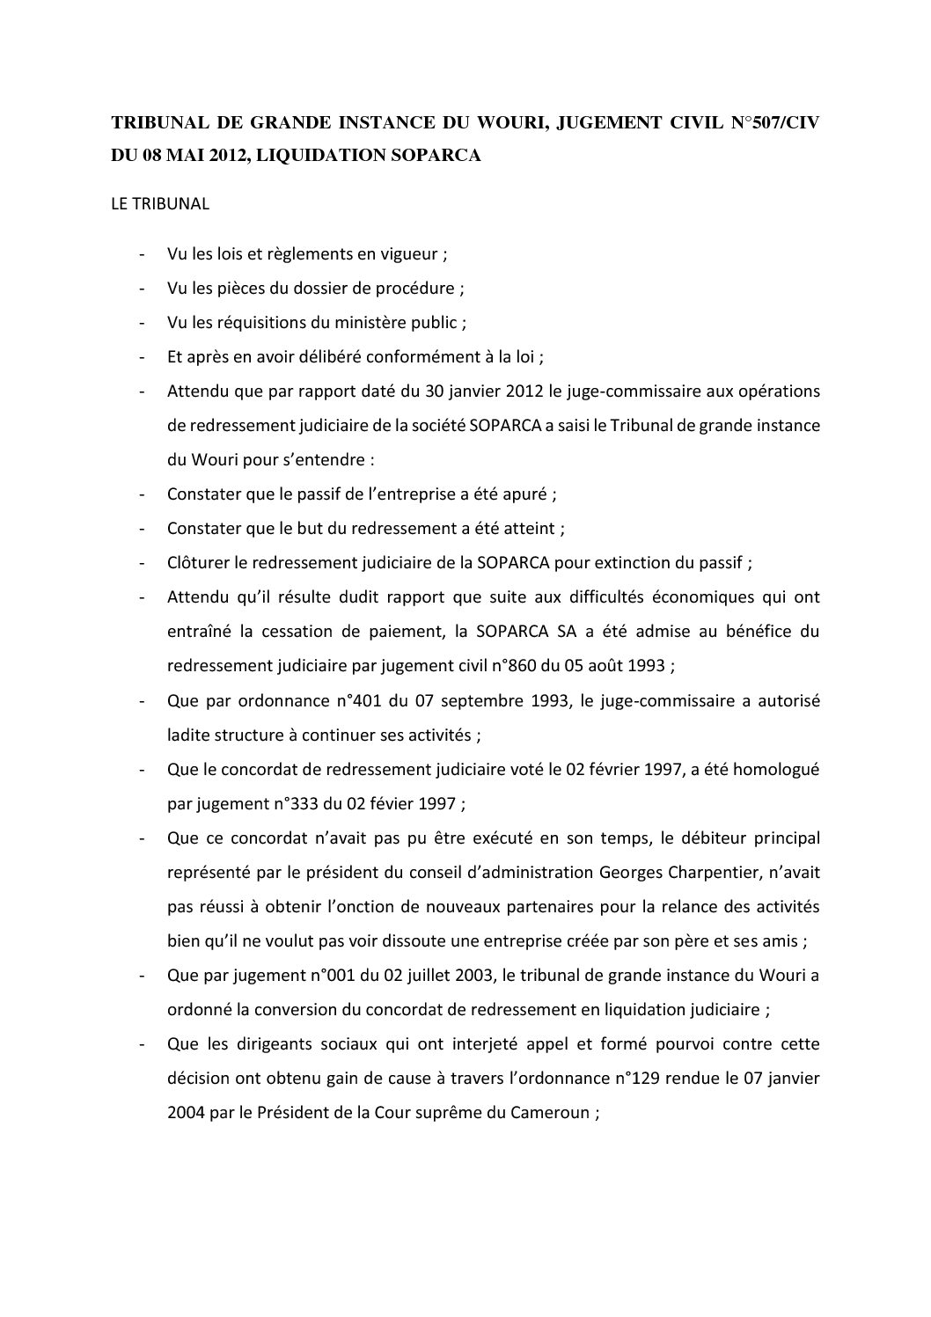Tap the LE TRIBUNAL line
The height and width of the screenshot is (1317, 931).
coord(159,204)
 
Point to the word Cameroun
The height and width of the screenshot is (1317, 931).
coord(547,1112)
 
